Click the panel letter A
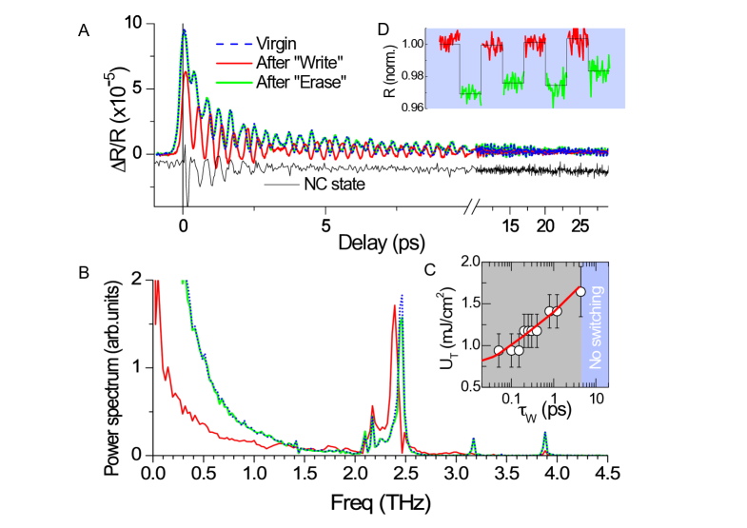pos(85,29)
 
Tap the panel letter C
pos(428,270)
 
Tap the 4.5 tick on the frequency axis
pos(607,472)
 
